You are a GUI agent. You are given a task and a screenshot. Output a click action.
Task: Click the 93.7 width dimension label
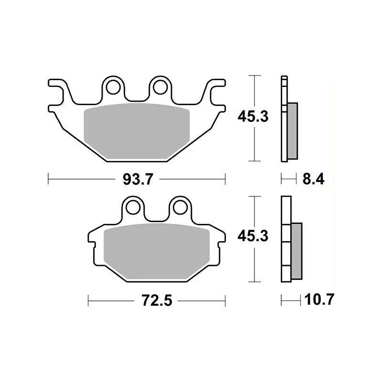tap(138, 180)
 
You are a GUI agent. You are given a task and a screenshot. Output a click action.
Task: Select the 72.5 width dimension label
tap(157, 300)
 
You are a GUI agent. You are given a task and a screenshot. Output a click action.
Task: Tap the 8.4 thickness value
tap(313, 179)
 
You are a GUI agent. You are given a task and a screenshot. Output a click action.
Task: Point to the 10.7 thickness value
tap(319, 299)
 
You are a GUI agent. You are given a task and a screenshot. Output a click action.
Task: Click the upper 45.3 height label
tap(253, 116)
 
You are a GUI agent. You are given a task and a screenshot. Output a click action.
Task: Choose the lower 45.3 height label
tap(253, 236)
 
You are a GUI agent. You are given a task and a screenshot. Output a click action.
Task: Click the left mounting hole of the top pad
tap(113, 87)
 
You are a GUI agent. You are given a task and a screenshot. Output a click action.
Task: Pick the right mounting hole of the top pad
tap(160, 87)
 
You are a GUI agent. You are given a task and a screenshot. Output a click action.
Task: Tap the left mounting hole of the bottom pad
tap(133, 208)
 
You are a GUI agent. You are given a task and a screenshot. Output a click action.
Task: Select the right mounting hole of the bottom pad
tap(180, 208)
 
